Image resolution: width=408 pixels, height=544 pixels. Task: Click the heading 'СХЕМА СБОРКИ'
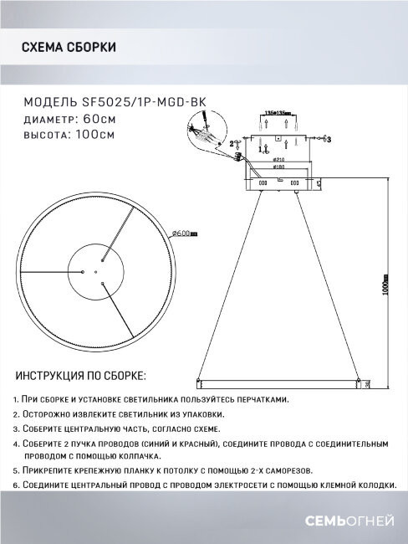click(69, 48)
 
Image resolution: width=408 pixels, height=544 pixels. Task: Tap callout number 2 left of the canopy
click(231, 143)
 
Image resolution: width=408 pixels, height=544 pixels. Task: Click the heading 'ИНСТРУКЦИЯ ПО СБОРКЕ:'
click(79, 374)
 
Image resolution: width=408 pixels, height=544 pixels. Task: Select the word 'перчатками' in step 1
click(260, 400)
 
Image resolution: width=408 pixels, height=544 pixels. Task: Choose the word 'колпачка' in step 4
click(137, 457)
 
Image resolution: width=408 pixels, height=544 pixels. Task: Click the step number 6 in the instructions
click(17, 485)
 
